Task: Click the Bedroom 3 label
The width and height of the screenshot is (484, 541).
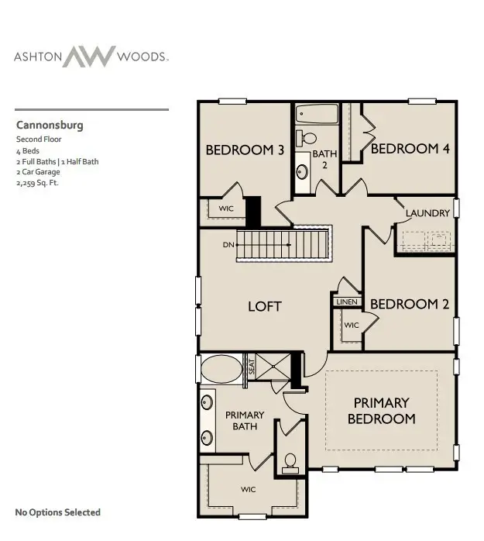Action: pyautogui.click(x=244, y=150)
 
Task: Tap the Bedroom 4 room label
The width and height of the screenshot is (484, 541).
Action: pyautogui.click(x=410, y=148)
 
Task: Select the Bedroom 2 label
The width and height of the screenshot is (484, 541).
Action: pyautogui.click(x=409, y=305)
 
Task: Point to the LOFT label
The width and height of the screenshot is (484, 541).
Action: pyautogui.click(x=264, y=306)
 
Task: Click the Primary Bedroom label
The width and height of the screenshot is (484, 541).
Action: pyautogui.click(x=381, y=411)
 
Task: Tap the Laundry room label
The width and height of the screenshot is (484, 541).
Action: pyautogui.click(x=427, y=213)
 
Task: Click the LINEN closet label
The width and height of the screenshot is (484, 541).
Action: pyautogui.click(x=345, y=302)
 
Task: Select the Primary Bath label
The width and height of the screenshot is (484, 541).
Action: pyautogui.click(x=245, y=421)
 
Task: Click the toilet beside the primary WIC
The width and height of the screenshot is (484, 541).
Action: pyautogui.click(x=290, y=463)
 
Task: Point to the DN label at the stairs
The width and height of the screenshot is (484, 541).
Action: pyautogui.click(x=228, y=245)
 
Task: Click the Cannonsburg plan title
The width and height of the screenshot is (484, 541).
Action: pyautogui.click(x=50, y=125)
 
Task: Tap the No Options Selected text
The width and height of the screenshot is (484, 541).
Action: pyautogui.click(x=58, y=512)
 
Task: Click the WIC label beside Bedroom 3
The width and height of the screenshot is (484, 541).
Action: pyautogui.click(x=226, y=208)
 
